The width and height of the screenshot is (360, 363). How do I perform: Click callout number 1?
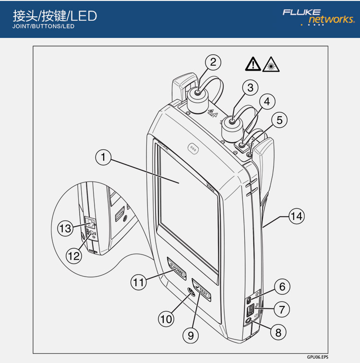103,157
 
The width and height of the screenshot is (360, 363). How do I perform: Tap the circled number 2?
213,62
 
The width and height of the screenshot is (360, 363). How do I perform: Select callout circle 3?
250,87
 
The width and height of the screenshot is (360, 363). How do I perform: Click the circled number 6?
282,287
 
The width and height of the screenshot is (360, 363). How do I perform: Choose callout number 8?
277,331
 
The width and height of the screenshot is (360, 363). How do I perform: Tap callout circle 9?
191,336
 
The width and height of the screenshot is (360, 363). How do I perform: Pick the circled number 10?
166,318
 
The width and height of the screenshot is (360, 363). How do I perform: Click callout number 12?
73,256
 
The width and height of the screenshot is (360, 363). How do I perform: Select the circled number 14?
296,217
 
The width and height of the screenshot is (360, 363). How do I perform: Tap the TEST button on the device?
202,289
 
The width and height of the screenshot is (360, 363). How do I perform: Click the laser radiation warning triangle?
272,63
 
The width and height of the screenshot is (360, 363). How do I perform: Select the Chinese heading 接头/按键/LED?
55,16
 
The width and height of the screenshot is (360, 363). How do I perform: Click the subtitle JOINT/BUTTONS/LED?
44,27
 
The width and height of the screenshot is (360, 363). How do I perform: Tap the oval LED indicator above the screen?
193,149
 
